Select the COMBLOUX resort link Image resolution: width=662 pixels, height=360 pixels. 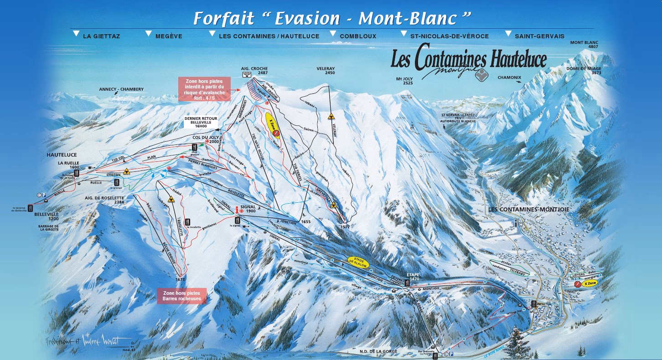point(358,36)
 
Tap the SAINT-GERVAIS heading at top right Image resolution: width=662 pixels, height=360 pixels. point(539,36)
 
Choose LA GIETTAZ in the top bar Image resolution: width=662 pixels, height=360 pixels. point(101,36)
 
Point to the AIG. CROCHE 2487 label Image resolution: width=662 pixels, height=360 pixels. point(254,71)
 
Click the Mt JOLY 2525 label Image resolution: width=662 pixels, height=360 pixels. point(404,81)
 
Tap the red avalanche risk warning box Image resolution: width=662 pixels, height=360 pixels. point(204,89)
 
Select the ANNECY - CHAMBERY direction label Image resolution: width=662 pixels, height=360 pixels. point(121,89)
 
